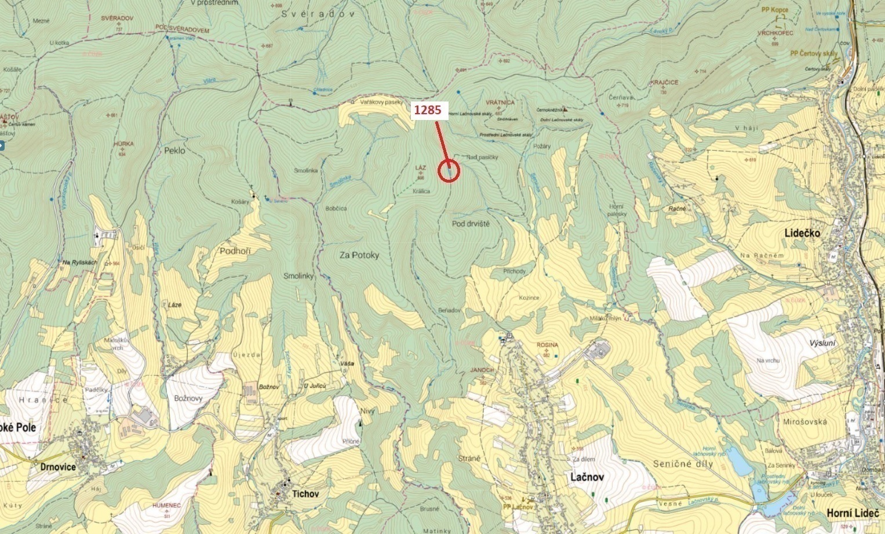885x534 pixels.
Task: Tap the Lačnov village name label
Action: (x=587, y=477)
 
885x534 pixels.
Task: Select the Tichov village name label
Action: (x=305, y=494)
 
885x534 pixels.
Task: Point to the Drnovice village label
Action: (x=58, y=467)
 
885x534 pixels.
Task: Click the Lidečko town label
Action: (x=802, y=233)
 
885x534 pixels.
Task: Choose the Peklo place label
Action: (x=174, y=150)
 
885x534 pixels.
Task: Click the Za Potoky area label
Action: (x=359, y=255)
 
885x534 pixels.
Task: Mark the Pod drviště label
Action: (x=471, y=223)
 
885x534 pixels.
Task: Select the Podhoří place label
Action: (x=235, y=250)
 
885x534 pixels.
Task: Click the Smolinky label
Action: (x=298, y=276)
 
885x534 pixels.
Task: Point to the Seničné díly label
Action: (x=682, y=464)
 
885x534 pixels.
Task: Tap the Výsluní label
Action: (x=823, y=343)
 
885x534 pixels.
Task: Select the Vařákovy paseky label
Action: (x=381, y=102)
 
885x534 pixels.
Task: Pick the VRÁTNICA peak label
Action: (x=500, y=102)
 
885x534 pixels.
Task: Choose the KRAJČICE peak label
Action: (x=664, y=82)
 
